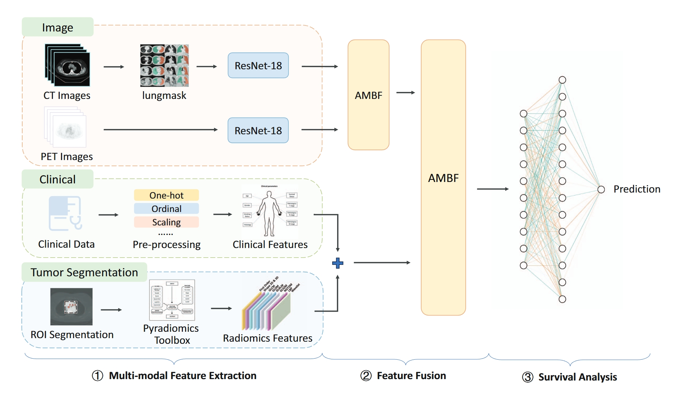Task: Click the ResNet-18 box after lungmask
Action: point(258,66)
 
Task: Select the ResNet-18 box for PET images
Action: point(258,130)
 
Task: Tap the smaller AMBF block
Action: point(368,95)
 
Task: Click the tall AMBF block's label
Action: point(443,178)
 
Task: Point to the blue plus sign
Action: point(338,263)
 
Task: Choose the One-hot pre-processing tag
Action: point(166,195)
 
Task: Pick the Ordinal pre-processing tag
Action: point(166,209)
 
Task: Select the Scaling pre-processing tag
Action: point(166,222)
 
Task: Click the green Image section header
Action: point(58,27)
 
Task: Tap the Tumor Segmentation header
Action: point(84,272)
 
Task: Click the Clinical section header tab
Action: point(58,179)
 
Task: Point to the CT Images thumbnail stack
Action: point(67,65)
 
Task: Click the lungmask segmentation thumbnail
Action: point(165,65)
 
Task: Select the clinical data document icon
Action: point(65,213)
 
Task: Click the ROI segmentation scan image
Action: point(71,306)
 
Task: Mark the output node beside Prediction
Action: point(601,189)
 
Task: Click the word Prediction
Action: point(637,189)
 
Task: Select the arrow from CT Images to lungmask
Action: point(114,67)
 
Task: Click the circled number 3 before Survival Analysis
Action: point(527,377)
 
